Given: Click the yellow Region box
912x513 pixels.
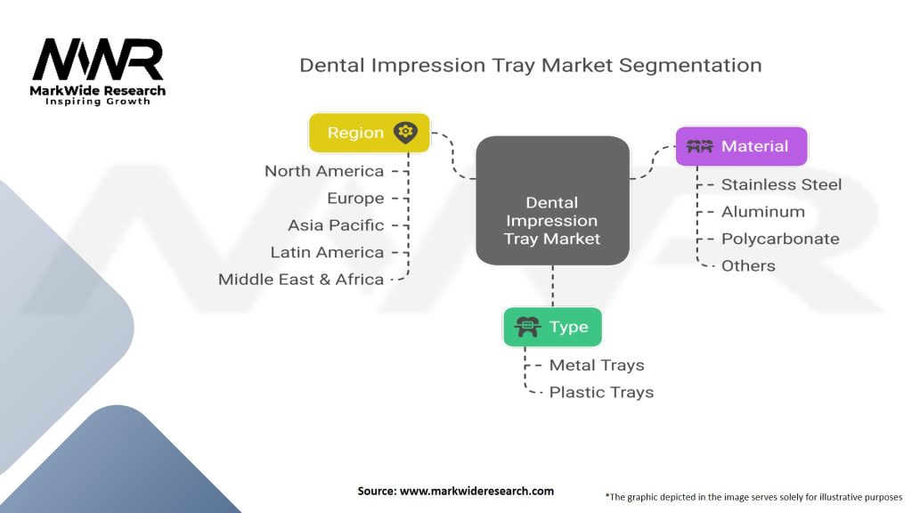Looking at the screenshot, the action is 370,133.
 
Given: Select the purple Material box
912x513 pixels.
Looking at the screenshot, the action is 742,146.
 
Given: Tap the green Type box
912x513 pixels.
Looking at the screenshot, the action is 552,327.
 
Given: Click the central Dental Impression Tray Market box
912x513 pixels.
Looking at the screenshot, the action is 552,200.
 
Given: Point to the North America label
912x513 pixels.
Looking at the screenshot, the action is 324,171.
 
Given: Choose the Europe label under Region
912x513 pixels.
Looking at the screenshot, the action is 355,199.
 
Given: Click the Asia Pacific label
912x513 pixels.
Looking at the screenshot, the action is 336,225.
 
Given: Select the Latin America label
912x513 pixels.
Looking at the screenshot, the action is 327,252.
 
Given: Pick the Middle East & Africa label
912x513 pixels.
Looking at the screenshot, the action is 301,279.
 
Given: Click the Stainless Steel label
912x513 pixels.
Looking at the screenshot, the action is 781,184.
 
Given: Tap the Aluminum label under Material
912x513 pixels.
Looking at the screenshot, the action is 763,212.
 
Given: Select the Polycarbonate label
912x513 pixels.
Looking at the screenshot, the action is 780,239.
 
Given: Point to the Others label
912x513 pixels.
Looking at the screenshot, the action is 748,265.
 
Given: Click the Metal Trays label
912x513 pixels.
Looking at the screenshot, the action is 597,365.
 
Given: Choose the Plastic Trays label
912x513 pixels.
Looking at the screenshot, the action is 601,392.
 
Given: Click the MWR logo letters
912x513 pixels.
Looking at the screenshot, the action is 98,59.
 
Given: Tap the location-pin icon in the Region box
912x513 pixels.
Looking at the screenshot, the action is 405,133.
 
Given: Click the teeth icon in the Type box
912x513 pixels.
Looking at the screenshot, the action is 527,327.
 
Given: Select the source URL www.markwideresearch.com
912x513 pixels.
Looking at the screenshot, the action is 476,491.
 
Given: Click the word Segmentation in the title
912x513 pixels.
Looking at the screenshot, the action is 690,66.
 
